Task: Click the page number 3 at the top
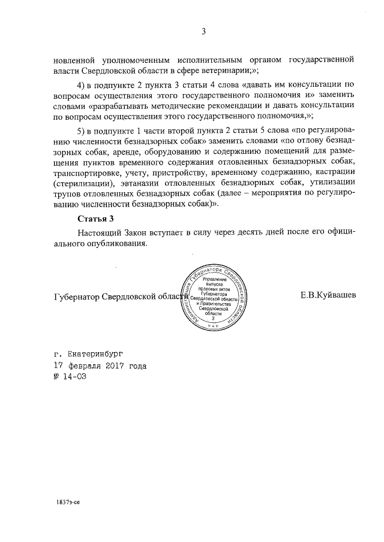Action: tap(203, 32)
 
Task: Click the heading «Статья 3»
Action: tap(95, 219)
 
